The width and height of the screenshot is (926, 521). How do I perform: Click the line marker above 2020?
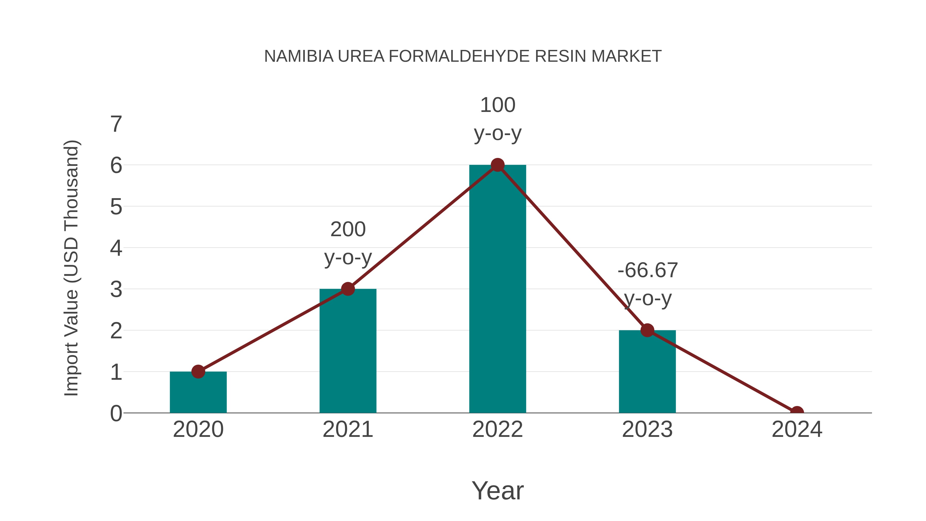coord(198,372)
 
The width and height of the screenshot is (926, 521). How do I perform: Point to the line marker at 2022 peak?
coord(497,165)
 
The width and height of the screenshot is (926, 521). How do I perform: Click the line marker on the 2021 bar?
coord(348,289)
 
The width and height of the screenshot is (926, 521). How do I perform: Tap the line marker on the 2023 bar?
coord(647,330)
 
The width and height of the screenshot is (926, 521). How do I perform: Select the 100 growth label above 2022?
coord(497,105)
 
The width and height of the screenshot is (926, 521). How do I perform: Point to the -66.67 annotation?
coord(647,270)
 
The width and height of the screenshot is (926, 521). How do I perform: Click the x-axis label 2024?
coord(797,429)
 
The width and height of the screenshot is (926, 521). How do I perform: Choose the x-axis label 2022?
coord(497,429)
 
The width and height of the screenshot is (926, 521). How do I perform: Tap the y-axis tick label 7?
coord(116,125)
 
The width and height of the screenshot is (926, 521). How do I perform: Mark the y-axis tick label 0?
coord(116,413)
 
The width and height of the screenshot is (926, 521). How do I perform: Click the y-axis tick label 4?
coord(116,248)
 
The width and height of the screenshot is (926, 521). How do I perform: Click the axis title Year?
coord(497,490)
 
